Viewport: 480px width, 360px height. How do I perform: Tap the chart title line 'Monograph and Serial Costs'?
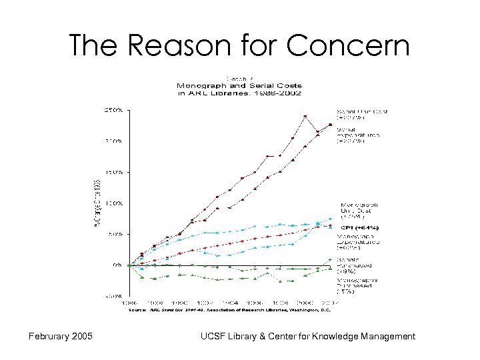pyautogui.click(x=239, y=86)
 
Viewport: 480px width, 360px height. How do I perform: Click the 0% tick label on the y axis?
pyautogui.click(x=116, y=265)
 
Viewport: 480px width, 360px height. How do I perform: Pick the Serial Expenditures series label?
pyautogui.click(x=359, y=135)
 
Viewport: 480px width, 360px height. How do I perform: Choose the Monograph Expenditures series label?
pyautogui.click(x=359, y=242)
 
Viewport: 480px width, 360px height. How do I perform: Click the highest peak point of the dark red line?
pyautogui.click(x=305, y=116)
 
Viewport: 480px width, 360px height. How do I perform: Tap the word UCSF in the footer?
pyautogui.click(x=215, y=337)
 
